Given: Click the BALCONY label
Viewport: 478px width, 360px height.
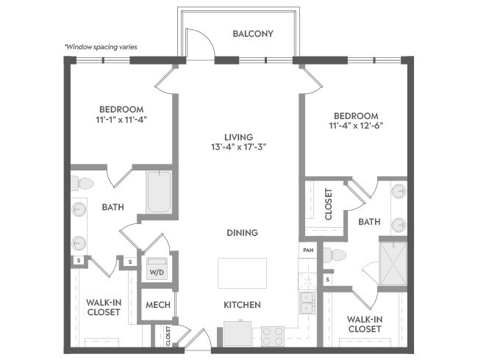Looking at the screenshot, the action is pyautogui.click(x=253, y=34).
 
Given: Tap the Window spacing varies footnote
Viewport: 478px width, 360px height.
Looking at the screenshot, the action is pyautogui.click(x=101, y=47).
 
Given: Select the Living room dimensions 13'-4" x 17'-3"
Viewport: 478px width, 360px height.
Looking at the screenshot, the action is pyautogui.click(x=239, y=147).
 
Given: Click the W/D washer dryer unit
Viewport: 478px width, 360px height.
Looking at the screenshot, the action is pyautogui.click(x=157, y=269).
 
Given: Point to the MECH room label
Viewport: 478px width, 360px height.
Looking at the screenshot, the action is pyautogui.click(x=158, y=305).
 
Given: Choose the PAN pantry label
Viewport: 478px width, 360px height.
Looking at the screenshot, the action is pyautogui.click(x=308, y=251).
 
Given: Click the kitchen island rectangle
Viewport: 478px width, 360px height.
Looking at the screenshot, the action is pyautogui.click(x=242, y=273).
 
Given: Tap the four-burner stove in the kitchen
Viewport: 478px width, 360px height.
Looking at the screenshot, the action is pyautogui.click(x=273, y=336).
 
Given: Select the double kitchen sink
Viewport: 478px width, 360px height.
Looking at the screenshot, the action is pyautogui.click(x=307, y=303).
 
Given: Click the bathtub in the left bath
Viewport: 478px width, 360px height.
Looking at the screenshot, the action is pyautogui.click(x=159, y=192).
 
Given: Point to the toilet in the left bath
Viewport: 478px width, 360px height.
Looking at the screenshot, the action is pyautogui.click(x=82, y=184).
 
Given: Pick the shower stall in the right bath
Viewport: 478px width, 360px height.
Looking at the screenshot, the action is pyautogui.click(x=393, y=264).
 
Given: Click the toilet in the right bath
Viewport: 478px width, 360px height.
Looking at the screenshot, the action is pyautogui.click(x=335, y=255).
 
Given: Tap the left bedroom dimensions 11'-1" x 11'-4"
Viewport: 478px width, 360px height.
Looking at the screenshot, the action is pyautogui.click(x=121, y=120).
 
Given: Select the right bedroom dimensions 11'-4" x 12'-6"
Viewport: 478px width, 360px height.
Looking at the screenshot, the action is pyautogui.click(x=356, y=126).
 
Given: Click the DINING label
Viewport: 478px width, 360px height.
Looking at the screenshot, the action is pyautogui.click(x=243, y=233).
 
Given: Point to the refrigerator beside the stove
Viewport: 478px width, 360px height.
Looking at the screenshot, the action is pyautogui.click(x=238, y=334).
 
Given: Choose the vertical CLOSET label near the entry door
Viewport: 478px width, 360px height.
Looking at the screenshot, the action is pyautogui.click(x=168, y=336).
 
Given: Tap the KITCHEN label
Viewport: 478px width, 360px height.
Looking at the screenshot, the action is pyautogui.click(x=242, y=305).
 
